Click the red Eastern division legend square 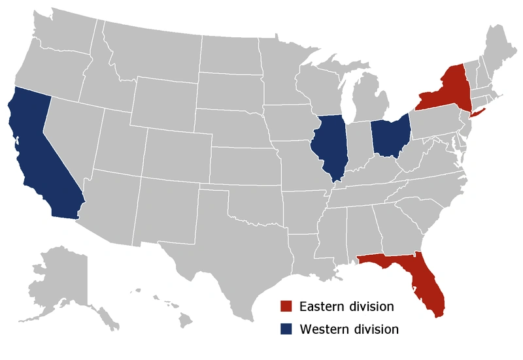tap(286, 306)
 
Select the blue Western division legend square tap(286, 329)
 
